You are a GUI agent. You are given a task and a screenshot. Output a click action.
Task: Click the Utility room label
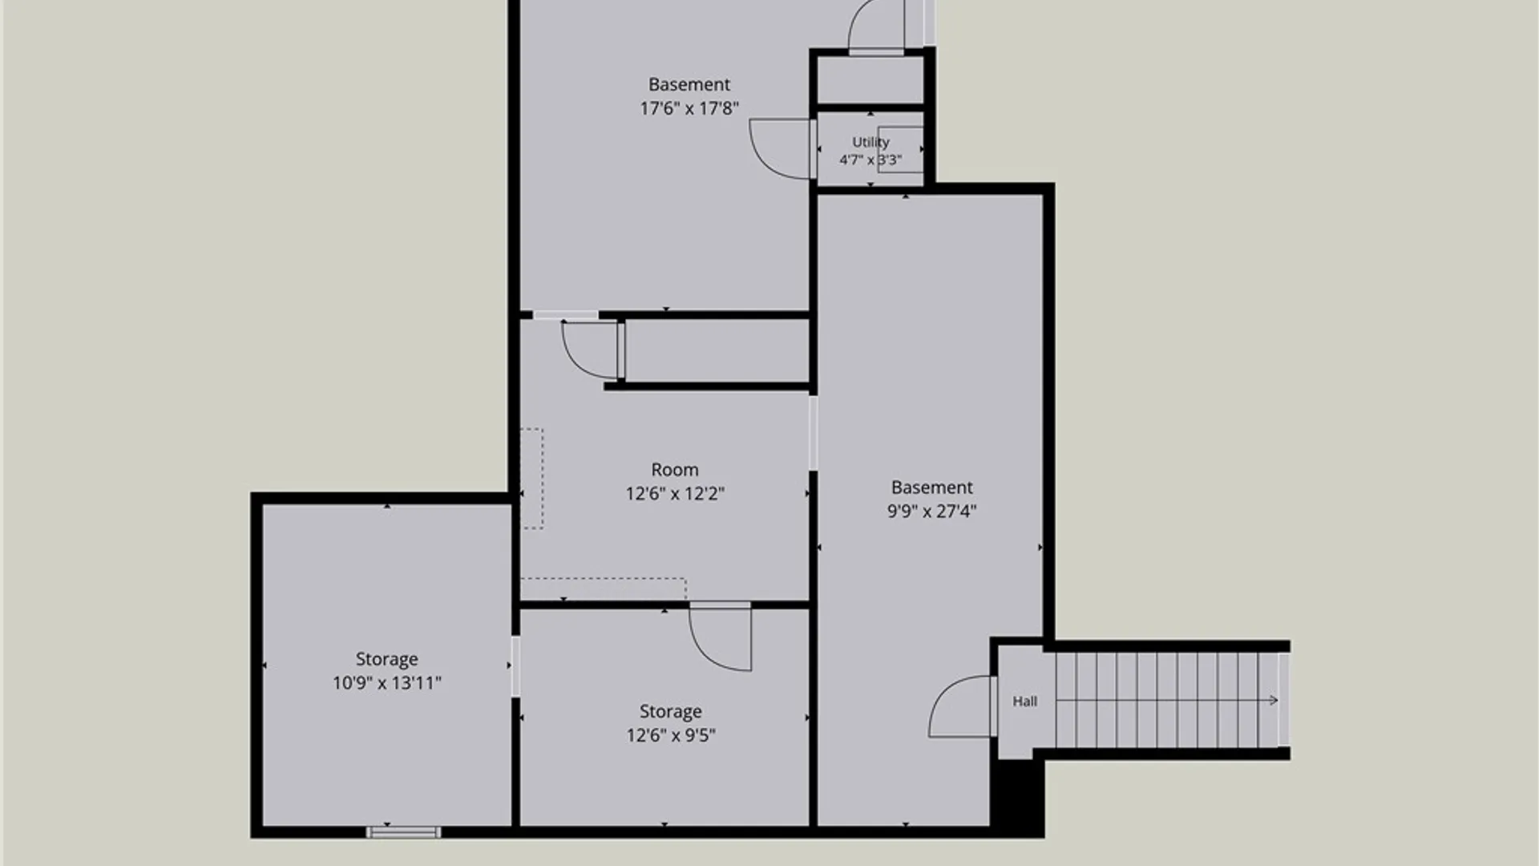[x=870, y=142]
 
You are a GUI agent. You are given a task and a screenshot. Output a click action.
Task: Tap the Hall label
[x=1024, y=702]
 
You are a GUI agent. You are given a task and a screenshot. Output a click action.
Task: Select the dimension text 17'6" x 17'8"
[x=689, y=108]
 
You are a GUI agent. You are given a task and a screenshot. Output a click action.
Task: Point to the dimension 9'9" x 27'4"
[x=931, y=511]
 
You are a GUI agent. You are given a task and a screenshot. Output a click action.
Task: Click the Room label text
[x=675, y=470]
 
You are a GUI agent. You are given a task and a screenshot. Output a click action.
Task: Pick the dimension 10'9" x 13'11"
[x=387, y=683]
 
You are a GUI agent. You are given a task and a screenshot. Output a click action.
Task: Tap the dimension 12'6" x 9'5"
[x=671, y=735]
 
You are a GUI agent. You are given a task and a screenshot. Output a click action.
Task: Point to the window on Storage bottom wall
[x=403, y=832]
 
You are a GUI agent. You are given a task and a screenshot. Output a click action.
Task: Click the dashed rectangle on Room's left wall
[x=532, y=479]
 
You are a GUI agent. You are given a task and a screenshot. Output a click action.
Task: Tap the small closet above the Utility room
[x=870, y=80]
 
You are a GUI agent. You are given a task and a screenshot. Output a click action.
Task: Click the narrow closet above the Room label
[x=717, y=351]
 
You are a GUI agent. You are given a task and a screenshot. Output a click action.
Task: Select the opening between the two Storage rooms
[x=515, y=666]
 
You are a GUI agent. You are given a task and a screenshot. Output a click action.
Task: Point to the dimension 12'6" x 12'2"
[x=675, y=494]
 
